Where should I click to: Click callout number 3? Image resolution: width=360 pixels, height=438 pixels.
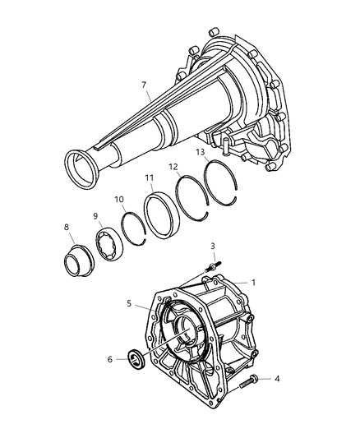212,246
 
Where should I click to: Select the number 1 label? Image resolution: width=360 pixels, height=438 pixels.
254,283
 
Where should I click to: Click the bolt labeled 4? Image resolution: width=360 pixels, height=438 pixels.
252,381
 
